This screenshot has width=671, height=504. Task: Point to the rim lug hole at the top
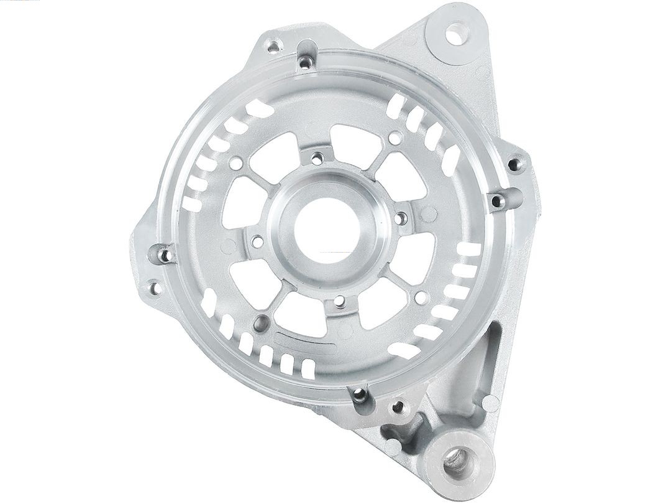click(x=304, y=61)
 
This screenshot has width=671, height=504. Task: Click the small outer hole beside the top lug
click(x=272, y=45)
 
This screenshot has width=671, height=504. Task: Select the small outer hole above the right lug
click(x=514, y=164)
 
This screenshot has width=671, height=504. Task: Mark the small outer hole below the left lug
click(x=152, y=287)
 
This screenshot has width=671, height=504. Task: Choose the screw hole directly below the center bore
click(x=339, y=304)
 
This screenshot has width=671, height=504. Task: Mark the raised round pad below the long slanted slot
click(x=490, y=403)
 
